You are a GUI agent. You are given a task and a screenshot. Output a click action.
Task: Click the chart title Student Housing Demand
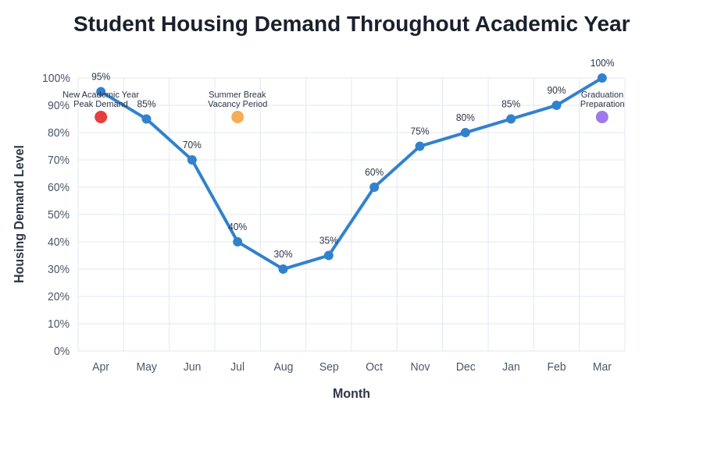pos(351,24)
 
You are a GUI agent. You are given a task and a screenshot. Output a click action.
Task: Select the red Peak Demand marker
pos(101,117)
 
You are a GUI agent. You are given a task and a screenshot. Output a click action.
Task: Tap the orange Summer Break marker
pos(237,117)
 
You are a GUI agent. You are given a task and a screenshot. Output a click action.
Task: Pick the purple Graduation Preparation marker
pos(602,117)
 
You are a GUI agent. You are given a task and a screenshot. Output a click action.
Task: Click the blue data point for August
pos(283,269)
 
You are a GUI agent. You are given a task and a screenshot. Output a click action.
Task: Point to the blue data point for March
pos(602,78)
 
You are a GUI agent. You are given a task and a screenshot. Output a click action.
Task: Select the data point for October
pos(374,187)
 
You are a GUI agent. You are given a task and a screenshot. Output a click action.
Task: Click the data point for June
pos(192,160)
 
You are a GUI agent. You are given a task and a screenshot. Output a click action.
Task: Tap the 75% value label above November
pos(419,131)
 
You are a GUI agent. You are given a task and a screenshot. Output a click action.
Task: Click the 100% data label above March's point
pos(602,63)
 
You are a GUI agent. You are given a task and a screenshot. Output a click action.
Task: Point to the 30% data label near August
pos(283,254)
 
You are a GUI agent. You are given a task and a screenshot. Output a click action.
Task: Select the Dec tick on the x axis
pos(466,367)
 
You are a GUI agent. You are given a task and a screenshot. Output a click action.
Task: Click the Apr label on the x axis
pos(101,367)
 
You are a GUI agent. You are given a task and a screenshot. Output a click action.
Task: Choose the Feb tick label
pos(556,367)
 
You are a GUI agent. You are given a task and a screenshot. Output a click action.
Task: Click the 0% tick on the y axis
pos(61,351)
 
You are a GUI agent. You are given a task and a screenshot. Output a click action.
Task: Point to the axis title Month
pos(351,394)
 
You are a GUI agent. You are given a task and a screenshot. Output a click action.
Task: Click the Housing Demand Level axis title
pos(20,214)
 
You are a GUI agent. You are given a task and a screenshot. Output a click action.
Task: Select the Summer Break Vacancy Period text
pos(237,99)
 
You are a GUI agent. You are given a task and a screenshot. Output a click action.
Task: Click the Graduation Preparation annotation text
pos(602,99)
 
